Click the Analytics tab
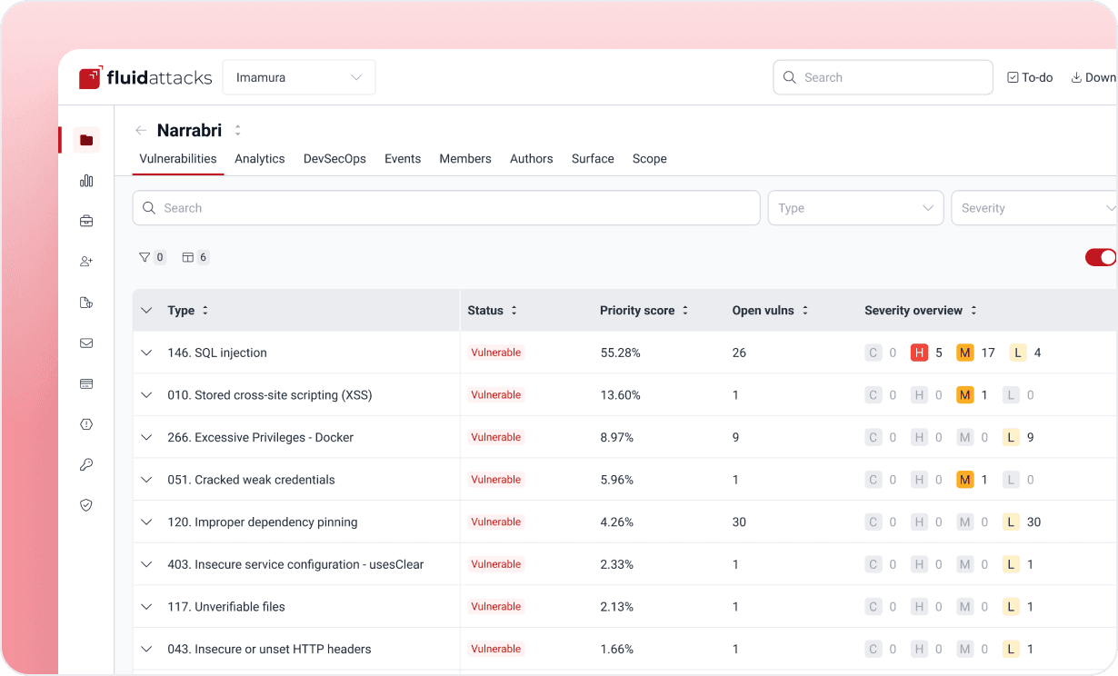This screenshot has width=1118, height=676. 260,159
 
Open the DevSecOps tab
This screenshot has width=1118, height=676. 334,159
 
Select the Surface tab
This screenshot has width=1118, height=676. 593,159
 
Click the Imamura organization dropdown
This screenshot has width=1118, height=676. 299,77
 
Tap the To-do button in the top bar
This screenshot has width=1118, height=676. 1030,77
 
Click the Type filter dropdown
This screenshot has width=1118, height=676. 855,207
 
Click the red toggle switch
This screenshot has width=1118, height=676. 1100,257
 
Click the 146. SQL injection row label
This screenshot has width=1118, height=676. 217,353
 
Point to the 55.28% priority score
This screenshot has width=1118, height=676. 620,353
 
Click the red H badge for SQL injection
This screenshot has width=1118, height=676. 919,353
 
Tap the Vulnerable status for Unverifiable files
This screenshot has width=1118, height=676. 495,607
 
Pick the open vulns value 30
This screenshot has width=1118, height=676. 739,522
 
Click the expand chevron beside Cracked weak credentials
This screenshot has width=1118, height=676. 146,480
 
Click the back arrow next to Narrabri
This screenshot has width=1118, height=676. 141,131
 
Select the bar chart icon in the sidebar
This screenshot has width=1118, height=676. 86,181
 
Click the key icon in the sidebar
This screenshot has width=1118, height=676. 86,464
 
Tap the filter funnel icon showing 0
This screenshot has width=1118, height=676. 145,257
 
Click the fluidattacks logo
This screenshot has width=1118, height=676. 145,77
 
